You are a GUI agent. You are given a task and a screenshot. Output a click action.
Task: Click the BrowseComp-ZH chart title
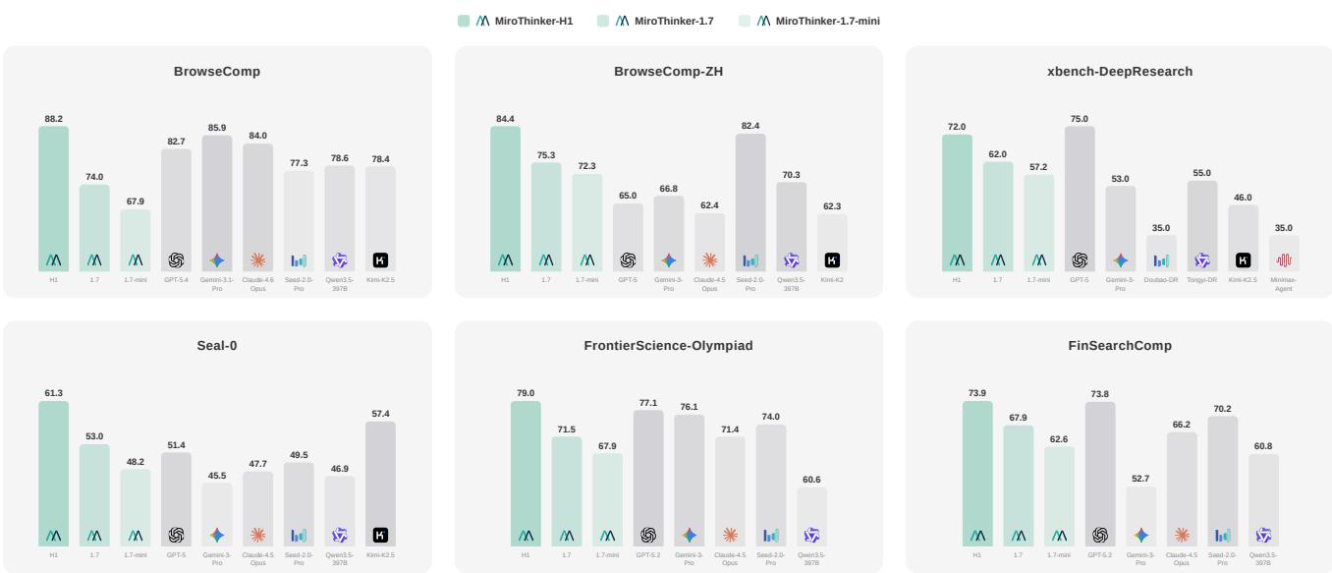[668, 72]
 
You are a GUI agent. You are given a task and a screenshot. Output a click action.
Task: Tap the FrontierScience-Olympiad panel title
[668, 346]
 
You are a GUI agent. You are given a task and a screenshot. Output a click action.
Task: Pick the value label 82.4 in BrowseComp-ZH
[750, 126]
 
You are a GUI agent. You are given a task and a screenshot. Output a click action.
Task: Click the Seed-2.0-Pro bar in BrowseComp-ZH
[750, 202]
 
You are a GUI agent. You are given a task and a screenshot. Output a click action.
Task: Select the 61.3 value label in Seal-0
[54, 393]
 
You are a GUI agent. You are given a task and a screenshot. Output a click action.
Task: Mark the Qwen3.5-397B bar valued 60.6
[811, 517]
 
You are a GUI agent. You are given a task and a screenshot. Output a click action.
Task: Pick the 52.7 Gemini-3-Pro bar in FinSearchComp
[1140, 516]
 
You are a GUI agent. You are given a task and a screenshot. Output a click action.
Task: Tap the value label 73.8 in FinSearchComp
[1099, 394]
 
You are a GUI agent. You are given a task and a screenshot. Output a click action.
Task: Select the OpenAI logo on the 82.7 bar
[177, 260]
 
